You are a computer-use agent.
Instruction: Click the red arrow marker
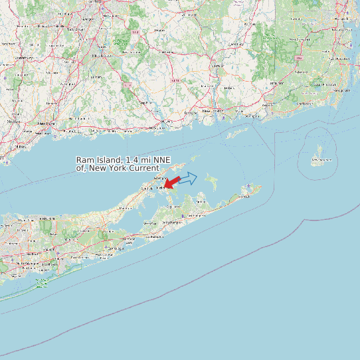171,182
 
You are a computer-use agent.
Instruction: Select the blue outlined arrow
188,178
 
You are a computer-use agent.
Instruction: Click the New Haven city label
45,124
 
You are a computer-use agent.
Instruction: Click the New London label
214,110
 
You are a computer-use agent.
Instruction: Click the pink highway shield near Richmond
300,58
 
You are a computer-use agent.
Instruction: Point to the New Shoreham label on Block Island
322,159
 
